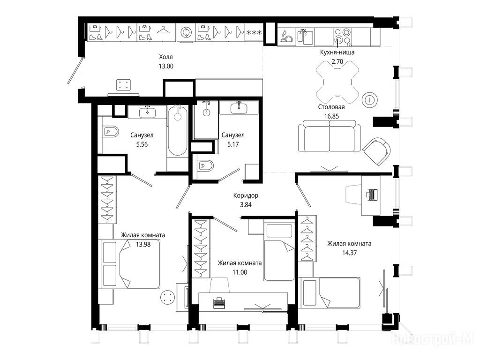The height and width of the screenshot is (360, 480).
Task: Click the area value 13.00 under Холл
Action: click(x=166, y=66)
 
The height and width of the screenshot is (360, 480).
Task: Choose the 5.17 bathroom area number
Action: click(x=233, y=144)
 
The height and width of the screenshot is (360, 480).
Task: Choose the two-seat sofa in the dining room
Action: click(x=330, y=136)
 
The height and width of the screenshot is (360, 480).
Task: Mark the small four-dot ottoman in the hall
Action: click(x=124, y=85)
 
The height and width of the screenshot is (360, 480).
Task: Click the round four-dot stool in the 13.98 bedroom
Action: click(x=167, y=297)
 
